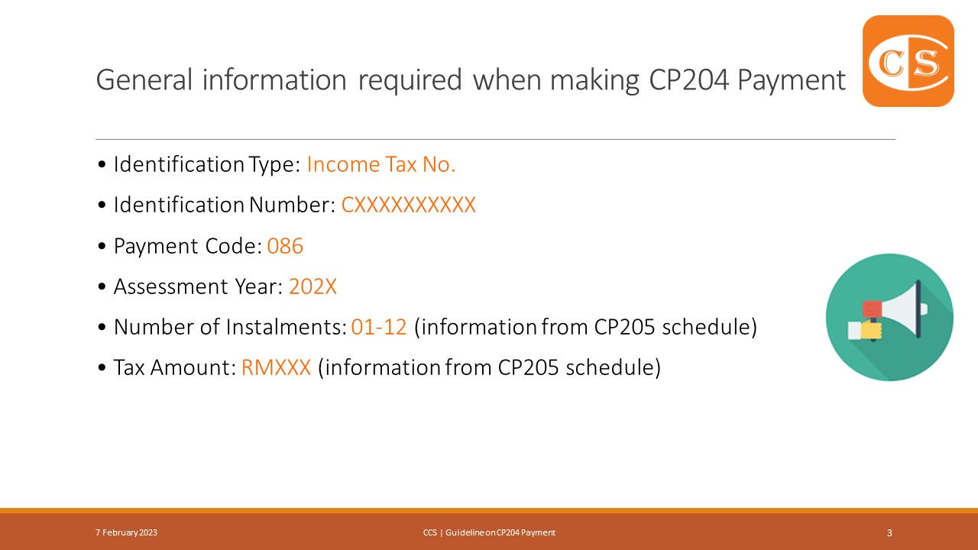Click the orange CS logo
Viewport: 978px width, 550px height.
(x=908, y=61)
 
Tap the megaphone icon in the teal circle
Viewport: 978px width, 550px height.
(x=889, y=317)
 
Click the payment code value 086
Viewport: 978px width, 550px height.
(x=285, y=246)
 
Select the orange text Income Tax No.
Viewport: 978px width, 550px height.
(x=381, y=164)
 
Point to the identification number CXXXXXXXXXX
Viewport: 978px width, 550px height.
(x=408, y=205)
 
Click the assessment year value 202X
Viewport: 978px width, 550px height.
(x=313, y=286)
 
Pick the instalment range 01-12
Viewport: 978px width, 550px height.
(x=379, y=327)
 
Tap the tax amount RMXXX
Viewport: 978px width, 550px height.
(x=276, y=367)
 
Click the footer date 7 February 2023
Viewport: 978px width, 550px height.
(x=127, y=532)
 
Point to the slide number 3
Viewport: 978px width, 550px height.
(x=889, y=532)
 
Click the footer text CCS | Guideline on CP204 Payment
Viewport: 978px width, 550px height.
(x=489, y=532)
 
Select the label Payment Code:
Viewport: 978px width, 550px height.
(x=187, y=246)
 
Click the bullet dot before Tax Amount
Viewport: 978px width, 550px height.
(x=102, y=368)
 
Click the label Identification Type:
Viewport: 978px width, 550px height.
(x=206, y=164)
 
